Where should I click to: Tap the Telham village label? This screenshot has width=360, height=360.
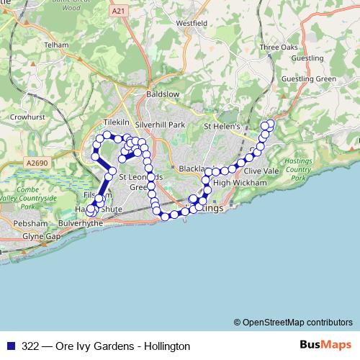pyautogui.click(x=57, y=44)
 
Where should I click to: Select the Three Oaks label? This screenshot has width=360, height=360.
pyautogui.click(x=278, y=47)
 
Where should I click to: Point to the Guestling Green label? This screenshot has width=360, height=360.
pyautogui.click(x=310, y=78)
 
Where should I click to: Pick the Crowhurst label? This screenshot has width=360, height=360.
pyautogui.click(x=28, y=115)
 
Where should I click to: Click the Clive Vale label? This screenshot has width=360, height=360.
pyautogui.click(x=261, y=171)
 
